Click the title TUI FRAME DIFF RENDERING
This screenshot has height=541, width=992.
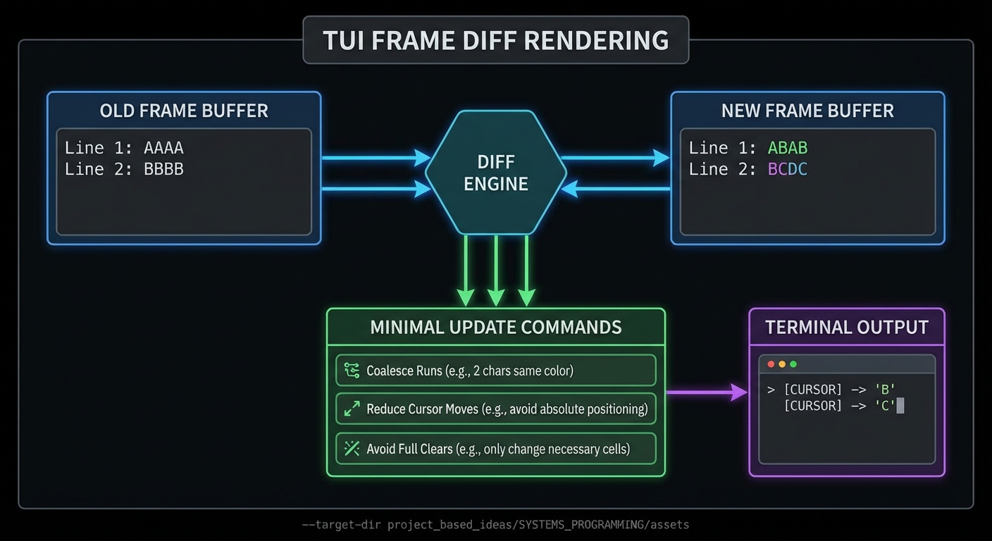[495, 40]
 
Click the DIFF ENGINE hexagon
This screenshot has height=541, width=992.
[496, 173]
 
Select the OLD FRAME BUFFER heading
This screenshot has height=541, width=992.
[184, 111]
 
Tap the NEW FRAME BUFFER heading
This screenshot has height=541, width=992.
[807, 111]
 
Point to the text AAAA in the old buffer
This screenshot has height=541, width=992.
[163, 148]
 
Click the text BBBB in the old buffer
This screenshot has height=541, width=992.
[163, 169]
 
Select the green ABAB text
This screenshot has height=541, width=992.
[788, 148]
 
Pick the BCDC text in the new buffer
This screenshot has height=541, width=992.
[788, 169]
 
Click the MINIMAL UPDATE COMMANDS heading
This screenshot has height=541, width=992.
[496, 327]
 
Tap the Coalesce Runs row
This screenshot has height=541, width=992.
[496, 371]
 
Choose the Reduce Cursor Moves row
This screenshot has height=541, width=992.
[496, 409]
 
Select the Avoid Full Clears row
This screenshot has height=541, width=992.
[496, 449]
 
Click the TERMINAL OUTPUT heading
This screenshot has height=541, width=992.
[847, 327]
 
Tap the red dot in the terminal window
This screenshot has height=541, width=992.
[771, 364]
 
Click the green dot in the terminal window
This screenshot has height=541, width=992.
[793, 364]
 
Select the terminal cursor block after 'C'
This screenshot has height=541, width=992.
[900, 406]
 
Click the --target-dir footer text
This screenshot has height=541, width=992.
[495, 525]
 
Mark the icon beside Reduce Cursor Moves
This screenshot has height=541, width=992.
[352, 409]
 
